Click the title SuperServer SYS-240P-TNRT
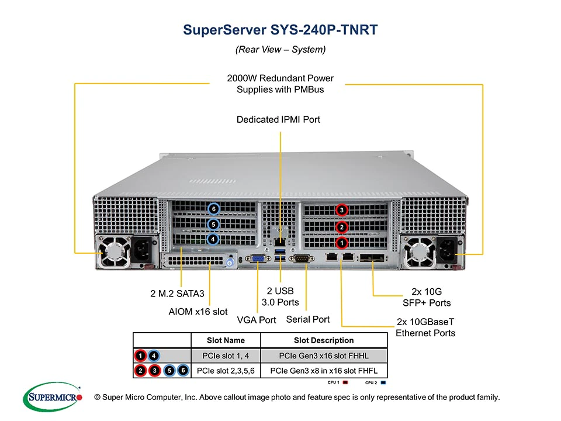point(280,30)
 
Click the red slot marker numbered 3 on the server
point(342,210)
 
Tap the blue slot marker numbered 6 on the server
point(214,209)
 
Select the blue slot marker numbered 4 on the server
point(213,239)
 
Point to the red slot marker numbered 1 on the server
point(342,242)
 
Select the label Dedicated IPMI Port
point(278,120)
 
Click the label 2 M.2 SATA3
point(177,294)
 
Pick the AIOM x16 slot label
point(198,312)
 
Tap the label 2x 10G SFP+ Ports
point(427,296)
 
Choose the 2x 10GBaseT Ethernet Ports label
point(425,327)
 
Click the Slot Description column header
point(323,340)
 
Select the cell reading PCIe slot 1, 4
point(226,356)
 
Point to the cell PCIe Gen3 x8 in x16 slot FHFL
point(323,371)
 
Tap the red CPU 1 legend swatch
point(345,382)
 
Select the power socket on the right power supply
point(451,250)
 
